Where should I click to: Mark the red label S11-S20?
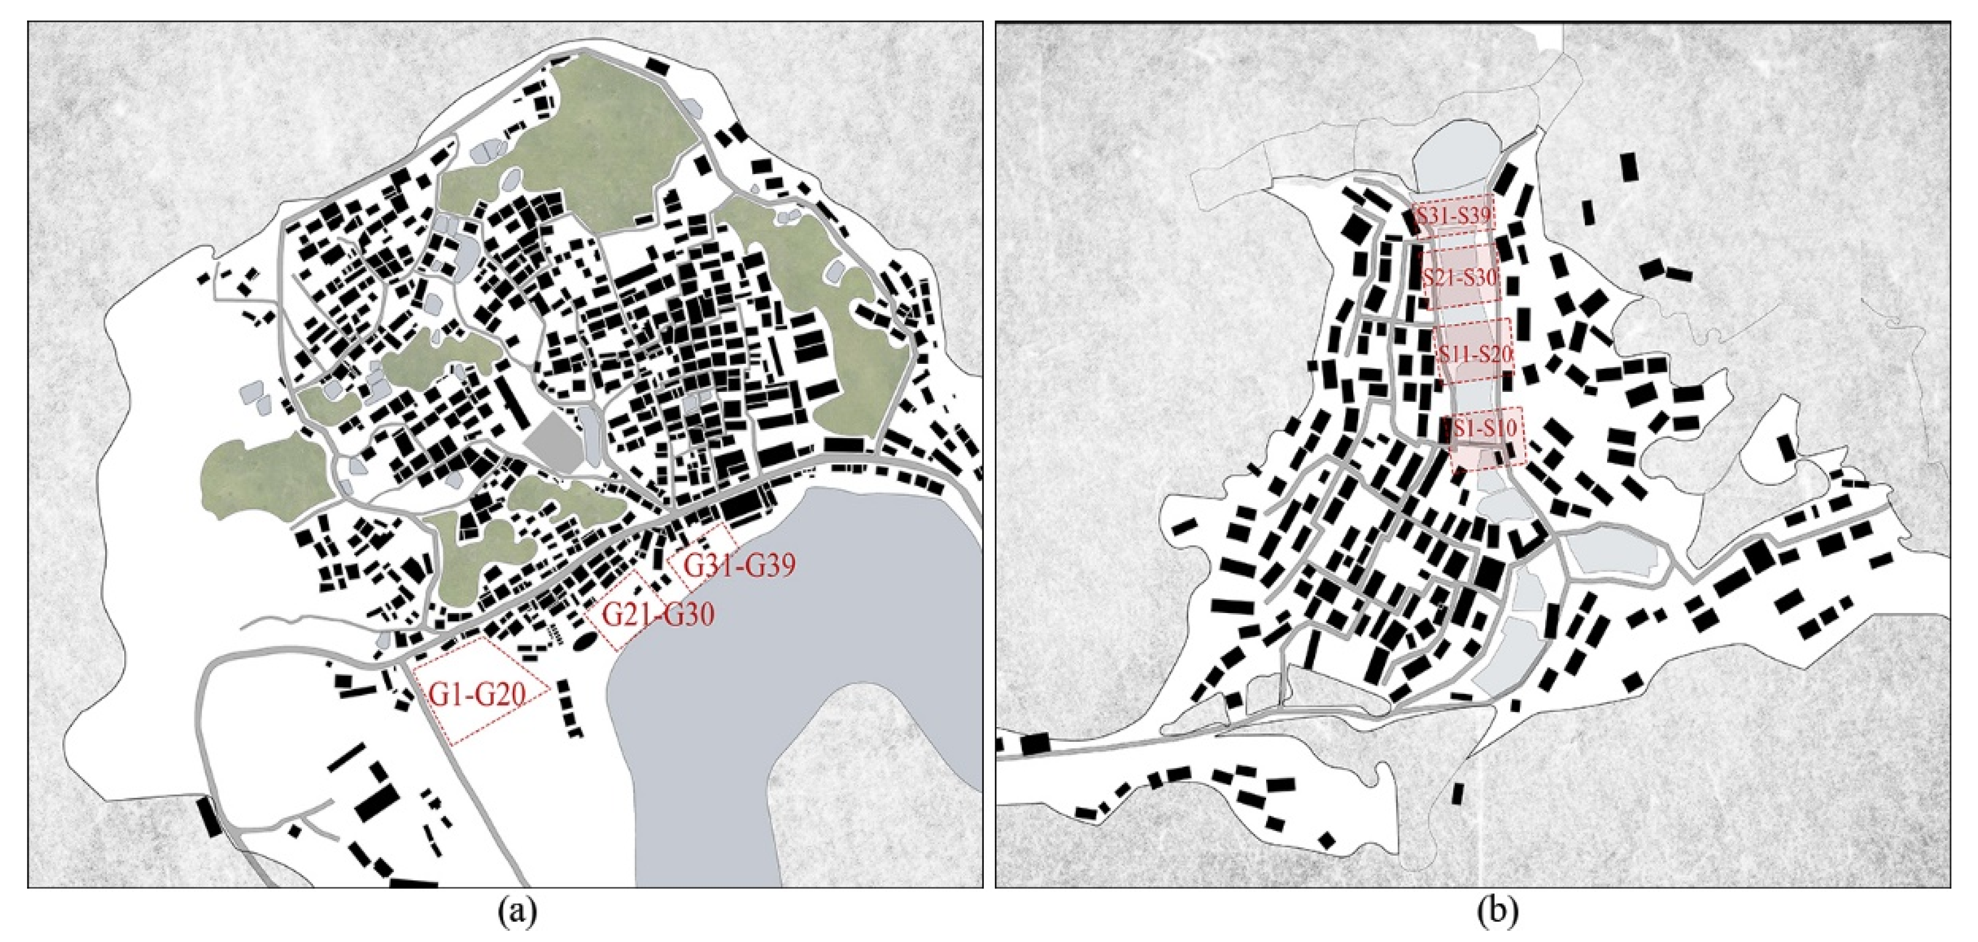1474,354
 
